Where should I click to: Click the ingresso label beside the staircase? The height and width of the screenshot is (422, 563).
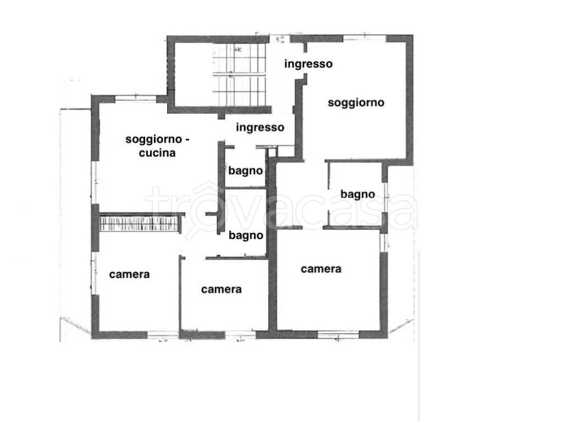coord(308,64)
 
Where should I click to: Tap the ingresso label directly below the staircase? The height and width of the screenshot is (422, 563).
coord(260,127)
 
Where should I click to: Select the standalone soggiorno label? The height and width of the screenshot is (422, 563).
coord(356,102)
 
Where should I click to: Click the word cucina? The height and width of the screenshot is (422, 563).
coord(157,153)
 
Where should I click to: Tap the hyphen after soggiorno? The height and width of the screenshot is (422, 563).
coord(186,140)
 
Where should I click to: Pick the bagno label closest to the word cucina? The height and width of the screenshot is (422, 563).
coord(245,171)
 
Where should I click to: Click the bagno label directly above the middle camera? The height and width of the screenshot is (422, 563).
coord(245,235)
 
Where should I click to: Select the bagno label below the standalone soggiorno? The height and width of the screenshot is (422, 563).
coord(357,194)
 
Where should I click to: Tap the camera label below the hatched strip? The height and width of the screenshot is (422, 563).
coord(129,274)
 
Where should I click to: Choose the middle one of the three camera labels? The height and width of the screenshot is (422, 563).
coord(221,289)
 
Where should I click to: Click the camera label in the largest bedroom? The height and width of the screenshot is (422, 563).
coord(321,269)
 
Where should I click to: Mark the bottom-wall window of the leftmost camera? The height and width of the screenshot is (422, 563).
coord(162,334)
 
